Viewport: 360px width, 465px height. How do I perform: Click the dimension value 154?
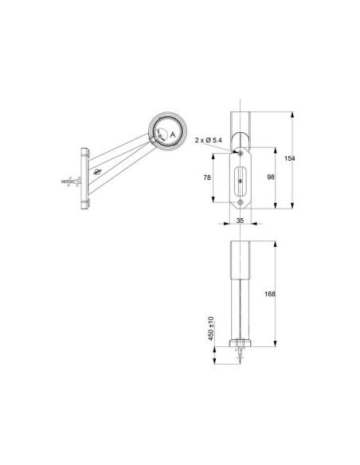point(289,159)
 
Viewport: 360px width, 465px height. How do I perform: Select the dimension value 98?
point(271,177)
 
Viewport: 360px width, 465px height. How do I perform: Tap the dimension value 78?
point(209,177)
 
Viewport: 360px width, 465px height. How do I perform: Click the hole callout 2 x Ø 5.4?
point(208,140)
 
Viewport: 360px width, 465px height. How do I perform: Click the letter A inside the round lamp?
point(173,135)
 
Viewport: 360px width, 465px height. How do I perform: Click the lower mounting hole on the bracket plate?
point(240,203)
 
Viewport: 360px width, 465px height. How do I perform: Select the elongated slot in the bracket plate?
point(240,177)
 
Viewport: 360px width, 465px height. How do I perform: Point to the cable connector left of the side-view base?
point(67,182)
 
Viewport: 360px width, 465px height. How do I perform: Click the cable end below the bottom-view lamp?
point(240,356)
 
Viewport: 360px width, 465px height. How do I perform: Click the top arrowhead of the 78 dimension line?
point(215,150)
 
